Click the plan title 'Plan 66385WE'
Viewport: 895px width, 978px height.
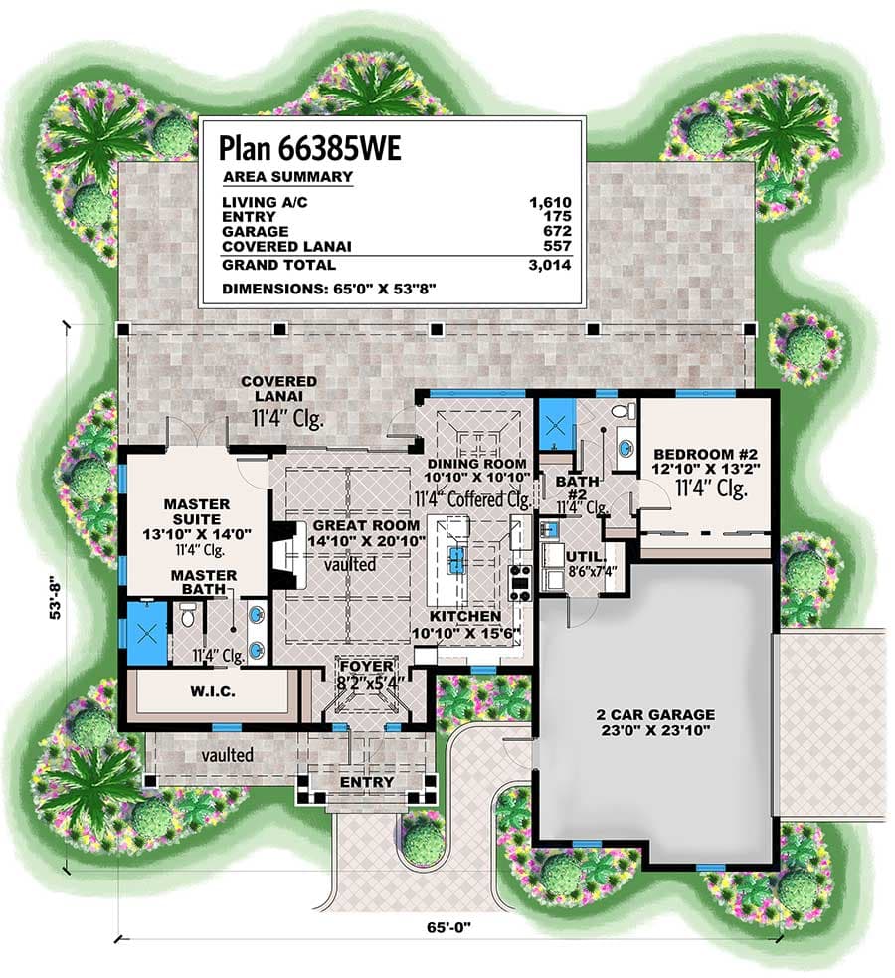310,148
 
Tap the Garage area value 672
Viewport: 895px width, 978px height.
559,230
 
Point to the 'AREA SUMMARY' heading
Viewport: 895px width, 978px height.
286,177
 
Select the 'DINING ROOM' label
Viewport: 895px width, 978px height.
476,464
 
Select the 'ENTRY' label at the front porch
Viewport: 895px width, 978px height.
367,782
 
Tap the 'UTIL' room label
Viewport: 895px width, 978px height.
580,556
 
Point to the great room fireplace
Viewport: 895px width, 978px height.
284,557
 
